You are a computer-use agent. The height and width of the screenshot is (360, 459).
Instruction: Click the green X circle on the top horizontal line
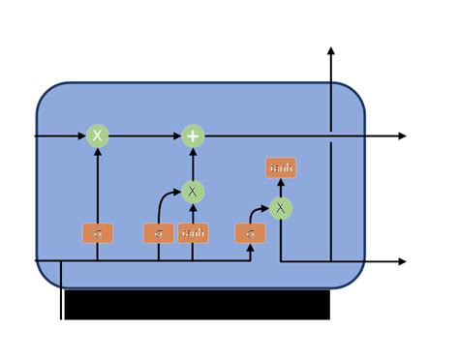(x=97, y=136)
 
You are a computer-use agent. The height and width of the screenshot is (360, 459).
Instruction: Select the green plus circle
(x=194, y=136)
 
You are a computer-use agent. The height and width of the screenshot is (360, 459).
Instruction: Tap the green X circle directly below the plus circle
(x=194, y=192)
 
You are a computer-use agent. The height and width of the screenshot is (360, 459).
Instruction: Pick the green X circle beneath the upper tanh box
(x=280, y=207)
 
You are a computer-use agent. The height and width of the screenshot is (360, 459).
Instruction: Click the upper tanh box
(x=280, y=169)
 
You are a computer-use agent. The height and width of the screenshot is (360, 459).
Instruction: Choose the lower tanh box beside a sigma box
(x=194, y=233)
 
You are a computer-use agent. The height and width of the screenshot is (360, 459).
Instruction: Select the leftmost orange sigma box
(x=97, y=233)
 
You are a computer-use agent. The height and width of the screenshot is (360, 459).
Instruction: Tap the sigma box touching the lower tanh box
(x=159, y=233)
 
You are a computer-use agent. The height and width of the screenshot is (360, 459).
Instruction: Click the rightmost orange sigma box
(x=250, y=233)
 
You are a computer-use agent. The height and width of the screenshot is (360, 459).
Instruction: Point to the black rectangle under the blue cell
(x=197, y=305)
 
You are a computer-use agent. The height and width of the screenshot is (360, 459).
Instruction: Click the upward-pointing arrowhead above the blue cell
(x=332, y=50)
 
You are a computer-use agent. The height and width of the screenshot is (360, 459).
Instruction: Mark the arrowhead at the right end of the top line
(x=402, y=136)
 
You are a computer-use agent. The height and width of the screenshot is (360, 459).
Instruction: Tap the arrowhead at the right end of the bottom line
(x=402, y=261)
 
